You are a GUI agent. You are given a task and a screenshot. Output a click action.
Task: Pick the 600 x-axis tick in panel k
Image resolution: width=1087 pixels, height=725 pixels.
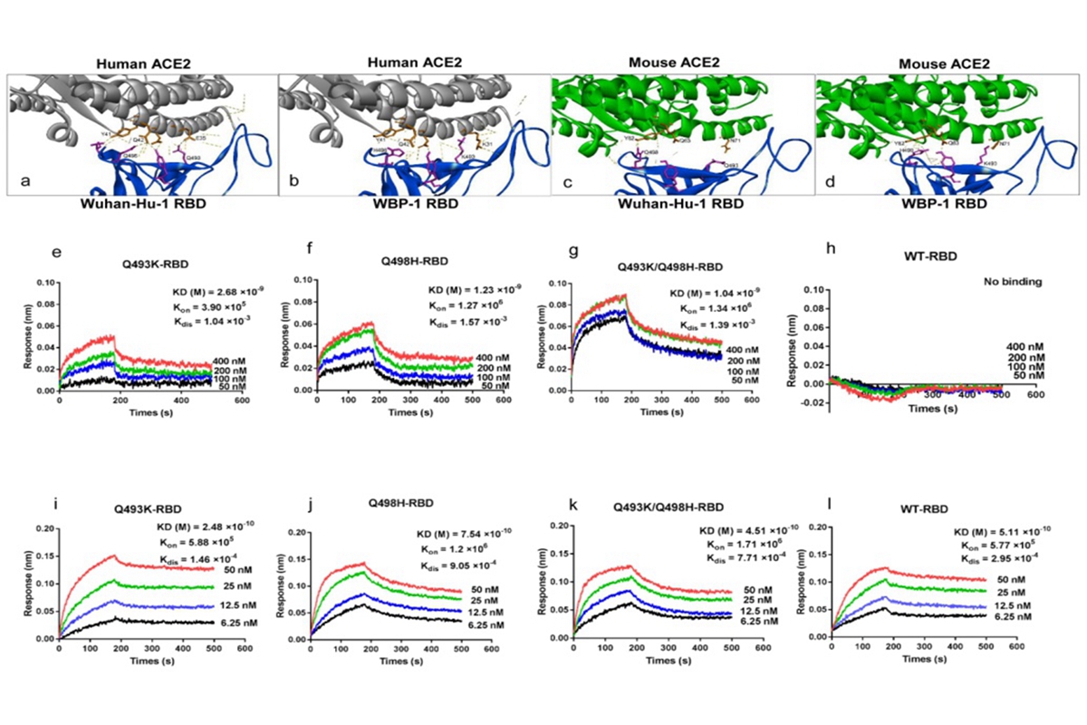click(x=762, y=648)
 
